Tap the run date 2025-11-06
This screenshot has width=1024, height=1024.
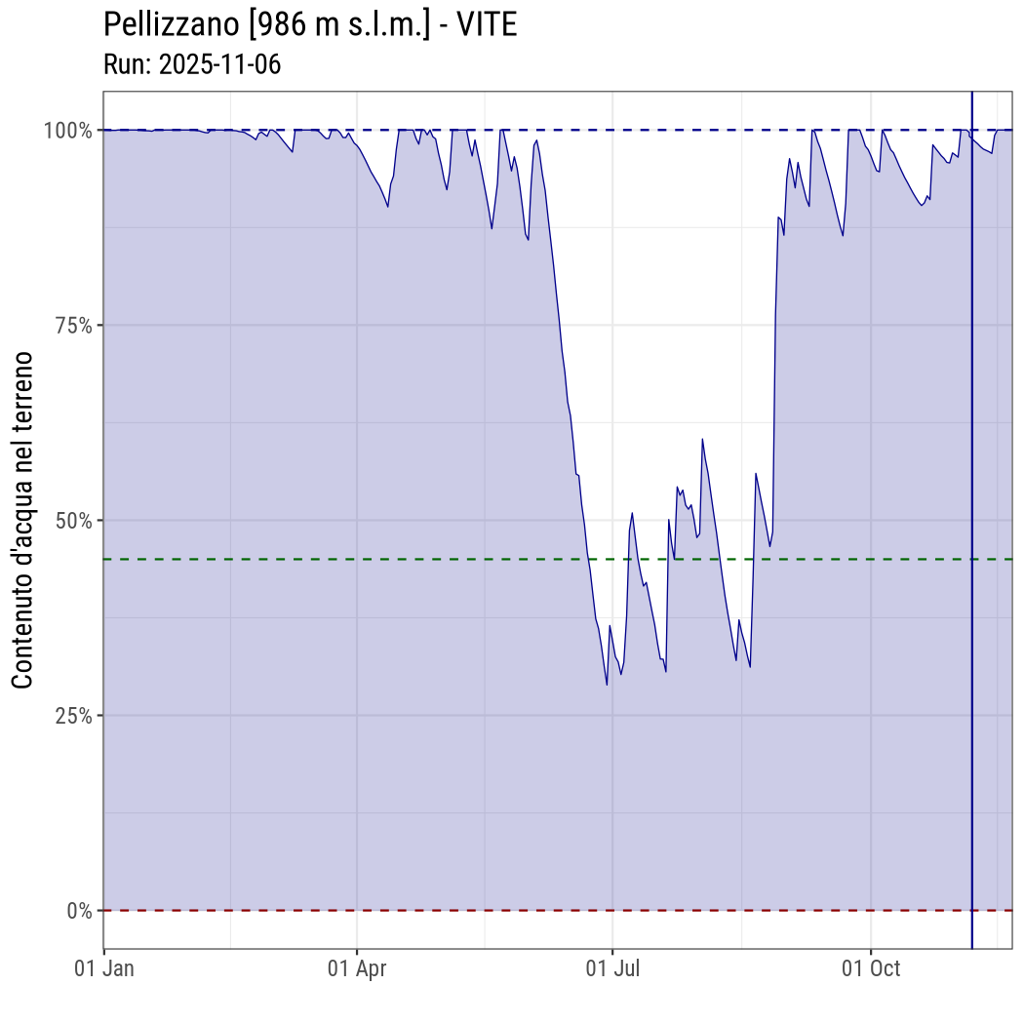pos(219,64)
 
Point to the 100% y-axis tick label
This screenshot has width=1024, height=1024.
pos(67,130)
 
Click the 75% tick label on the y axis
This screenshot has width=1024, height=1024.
pos(72,325)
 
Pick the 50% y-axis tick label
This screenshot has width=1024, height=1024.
pos(72,520)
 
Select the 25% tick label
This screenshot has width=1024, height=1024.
pos(72,715)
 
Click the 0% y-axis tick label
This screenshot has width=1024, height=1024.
pos(78,911)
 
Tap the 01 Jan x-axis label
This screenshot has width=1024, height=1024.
pos(104,969)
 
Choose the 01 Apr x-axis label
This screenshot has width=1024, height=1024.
pos(357,969)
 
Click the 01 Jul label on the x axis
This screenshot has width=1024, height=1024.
pos(612,969)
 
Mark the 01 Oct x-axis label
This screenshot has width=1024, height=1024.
pos(870,969)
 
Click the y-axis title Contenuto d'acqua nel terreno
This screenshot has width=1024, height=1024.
pos(23,520)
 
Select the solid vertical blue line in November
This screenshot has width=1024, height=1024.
pos(972,585)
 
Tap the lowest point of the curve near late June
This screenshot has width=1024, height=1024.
pos(607,685)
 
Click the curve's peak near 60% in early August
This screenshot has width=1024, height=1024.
pos(702,439)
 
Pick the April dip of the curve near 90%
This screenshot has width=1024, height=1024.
pos(388,207)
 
